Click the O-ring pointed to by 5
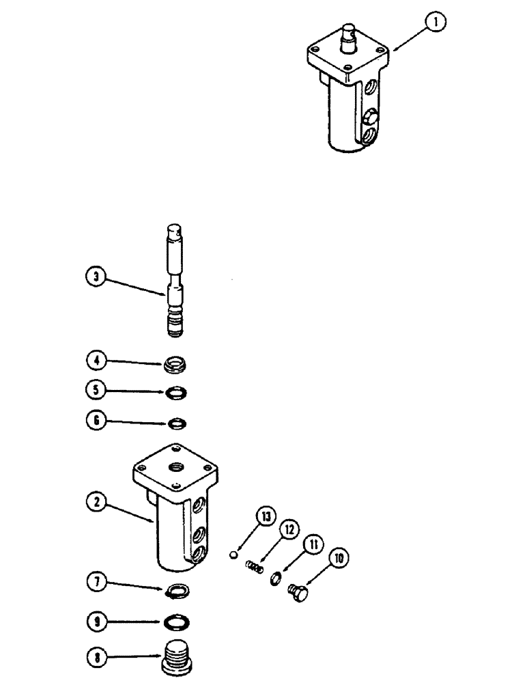click(x=176, y=393)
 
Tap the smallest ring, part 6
click(x=176, y=423)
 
